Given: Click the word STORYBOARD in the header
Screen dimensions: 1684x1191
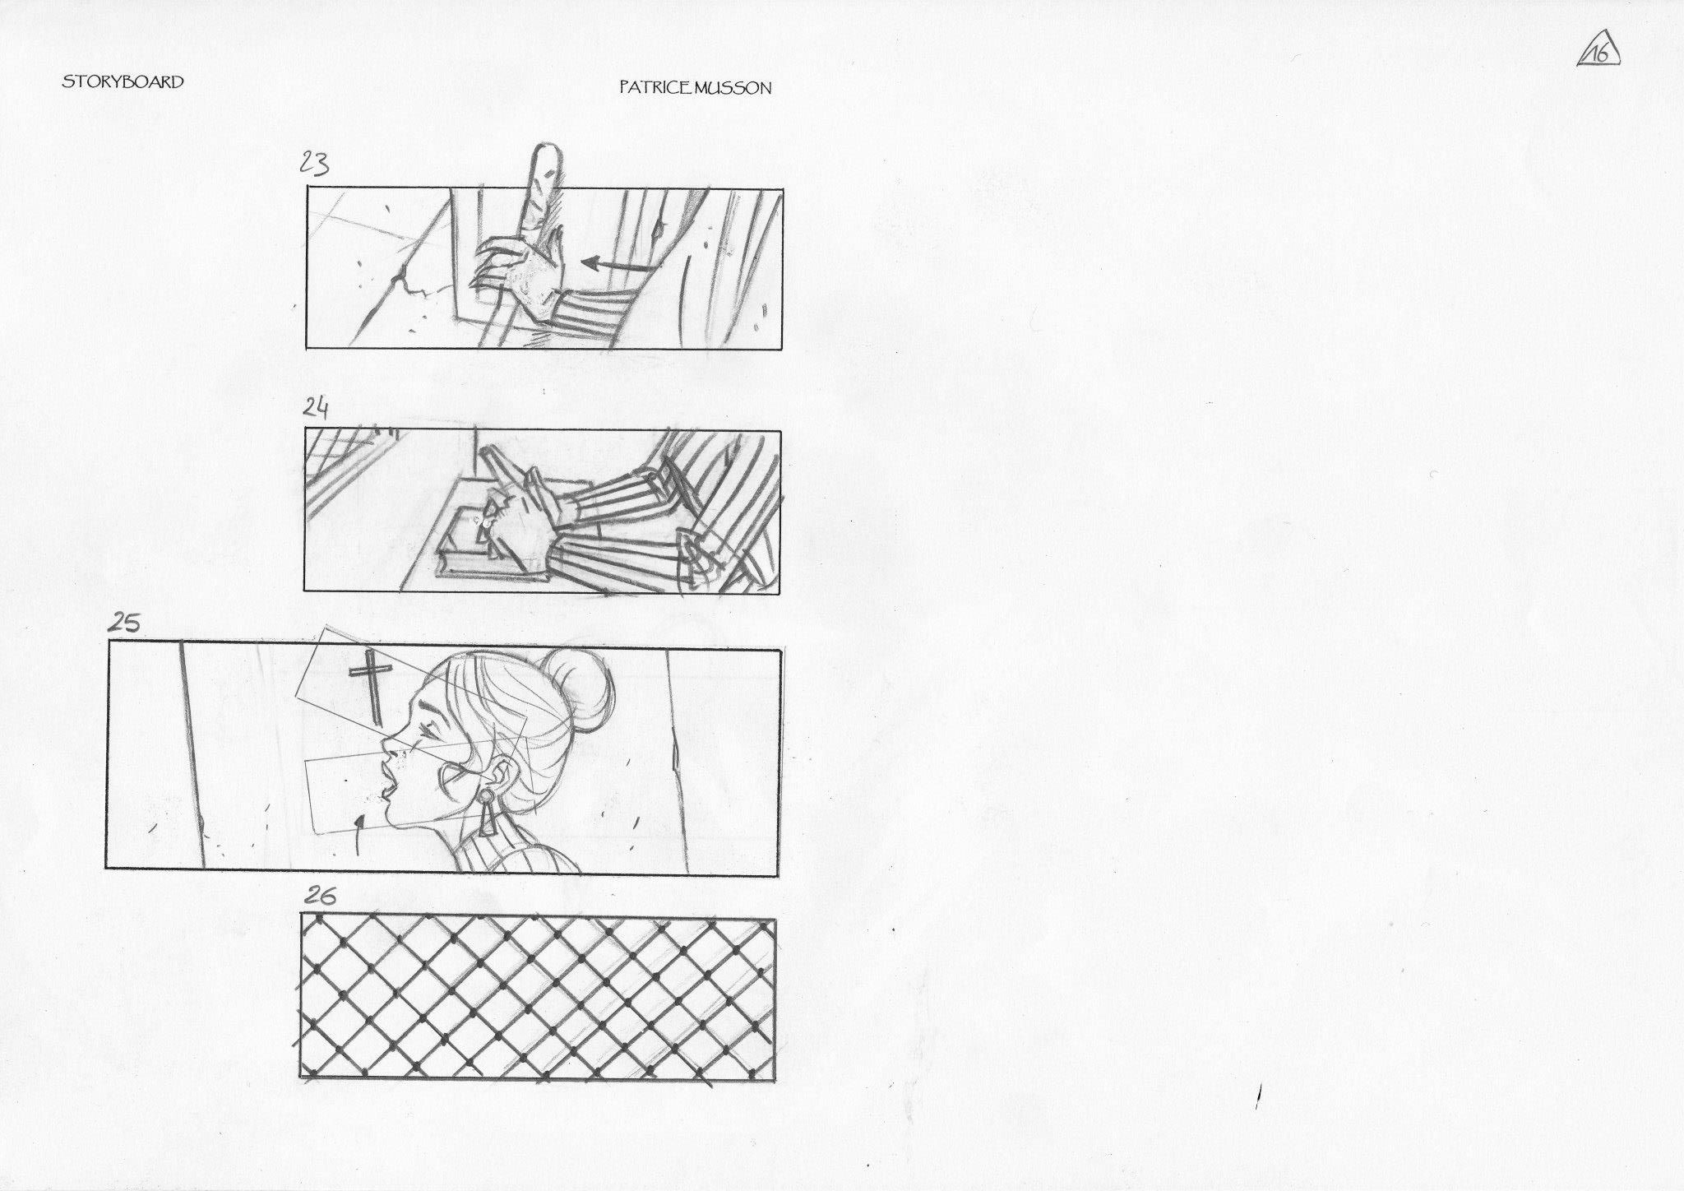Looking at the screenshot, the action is pyautogui.click(x=123, y=81).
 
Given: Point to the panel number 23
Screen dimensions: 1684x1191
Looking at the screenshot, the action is pyautogui.click(x=314, y=164).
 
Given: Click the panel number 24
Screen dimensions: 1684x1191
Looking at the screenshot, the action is pyautogui.click(x=317, y=407).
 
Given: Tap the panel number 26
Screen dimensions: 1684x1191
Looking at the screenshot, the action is pyautogui.click(x=321, y=896).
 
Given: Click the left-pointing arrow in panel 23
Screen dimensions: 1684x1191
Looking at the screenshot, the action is pyautogui.click(x=620, y=265).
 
